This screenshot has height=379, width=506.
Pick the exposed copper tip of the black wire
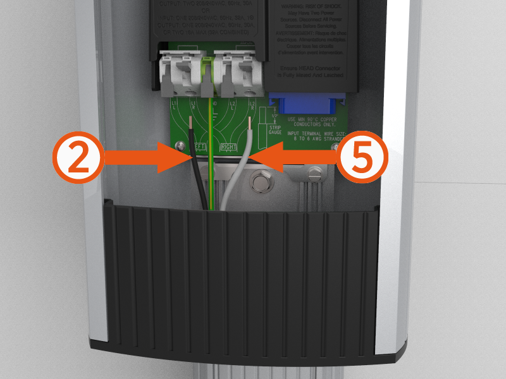[191, 126]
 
